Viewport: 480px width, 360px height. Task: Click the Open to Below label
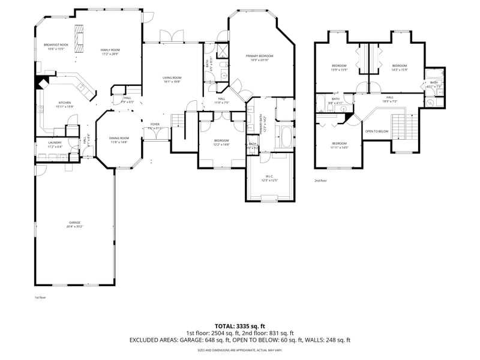click(377, 131)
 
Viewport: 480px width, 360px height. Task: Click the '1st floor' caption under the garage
click(40, 298)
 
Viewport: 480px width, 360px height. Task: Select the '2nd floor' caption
click(321, 181)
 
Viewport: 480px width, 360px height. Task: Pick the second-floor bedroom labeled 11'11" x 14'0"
click(340, 145)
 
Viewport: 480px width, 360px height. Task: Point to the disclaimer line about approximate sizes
click(240, 350)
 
